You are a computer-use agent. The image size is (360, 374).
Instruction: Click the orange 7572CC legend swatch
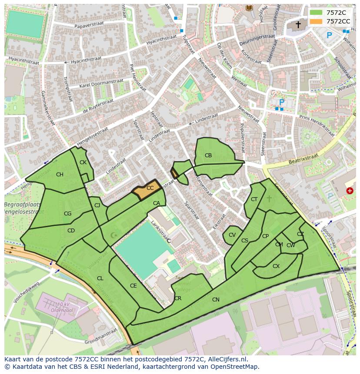316,21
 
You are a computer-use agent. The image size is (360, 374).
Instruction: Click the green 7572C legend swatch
316,13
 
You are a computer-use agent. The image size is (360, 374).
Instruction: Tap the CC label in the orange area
150,188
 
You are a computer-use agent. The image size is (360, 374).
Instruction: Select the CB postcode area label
208,156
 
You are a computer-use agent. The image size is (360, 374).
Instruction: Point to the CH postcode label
60,175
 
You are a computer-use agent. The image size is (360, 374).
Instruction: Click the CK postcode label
83,162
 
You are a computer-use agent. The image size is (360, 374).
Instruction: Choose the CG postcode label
67,214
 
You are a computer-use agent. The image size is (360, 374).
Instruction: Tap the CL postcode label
100,278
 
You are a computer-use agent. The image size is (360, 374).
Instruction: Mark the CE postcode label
133,286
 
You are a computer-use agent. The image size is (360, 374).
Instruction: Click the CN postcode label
216,300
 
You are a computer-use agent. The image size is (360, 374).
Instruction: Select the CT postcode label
254,199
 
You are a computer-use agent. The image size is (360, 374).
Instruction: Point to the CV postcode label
232,235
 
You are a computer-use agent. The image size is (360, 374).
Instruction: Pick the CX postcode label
276,266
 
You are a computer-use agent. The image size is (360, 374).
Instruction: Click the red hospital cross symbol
350,191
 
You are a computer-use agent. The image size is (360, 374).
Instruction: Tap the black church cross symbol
298,25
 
